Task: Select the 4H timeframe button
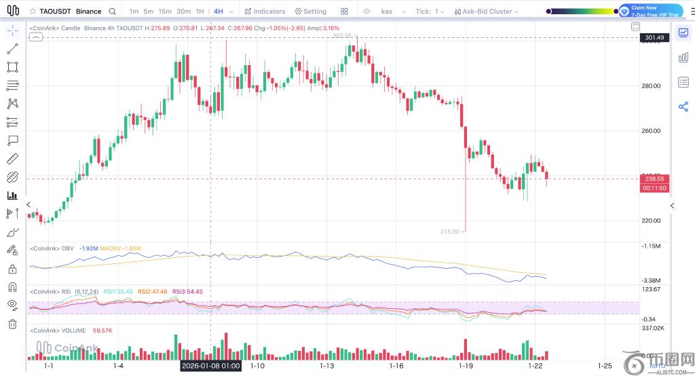[x=219, y=12]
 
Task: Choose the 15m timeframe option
[x=165, y=12]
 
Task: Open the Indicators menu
[x=265, y=12]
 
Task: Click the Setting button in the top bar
[x=310, y=12]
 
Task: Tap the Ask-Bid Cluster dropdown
[x=487, y=12]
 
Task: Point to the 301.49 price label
[x=654, y=37]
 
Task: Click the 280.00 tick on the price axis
[x=651, y=86]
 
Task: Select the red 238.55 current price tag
[x=654, y=179]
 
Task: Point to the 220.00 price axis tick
[x=651, y=221]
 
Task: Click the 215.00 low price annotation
[x=450, y=231]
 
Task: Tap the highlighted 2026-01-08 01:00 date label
[x=210, y=366]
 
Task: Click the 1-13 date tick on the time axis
[x=327, y=366]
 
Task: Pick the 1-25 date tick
[x=605, y=366]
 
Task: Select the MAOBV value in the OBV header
[x=120, y=248]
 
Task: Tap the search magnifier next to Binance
[x=113, y=12]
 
